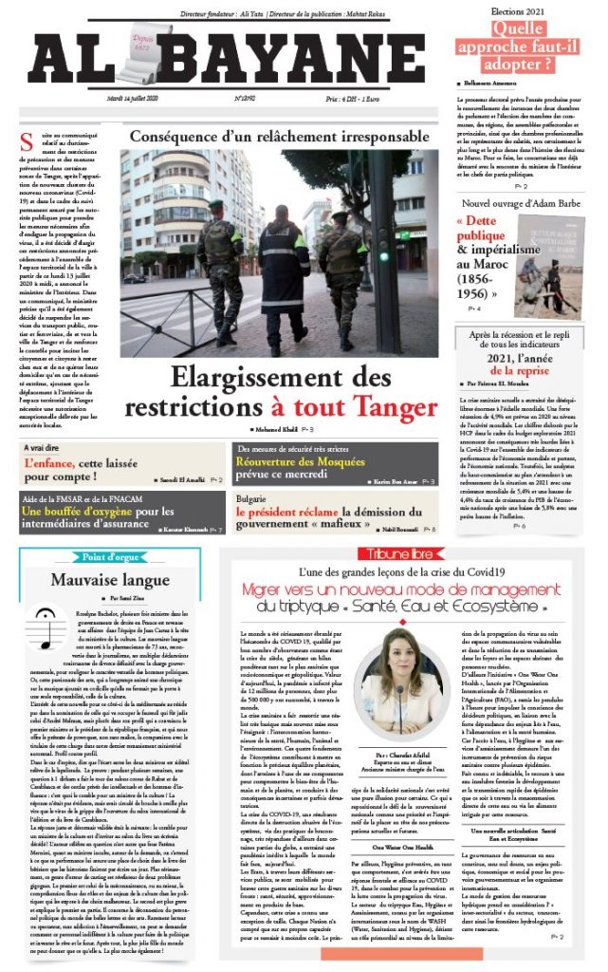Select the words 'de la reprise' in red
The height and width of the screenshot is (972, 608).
[x=521, y=373]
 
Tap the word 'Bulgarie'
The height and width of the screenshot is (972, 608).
[x=249, y=495]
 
